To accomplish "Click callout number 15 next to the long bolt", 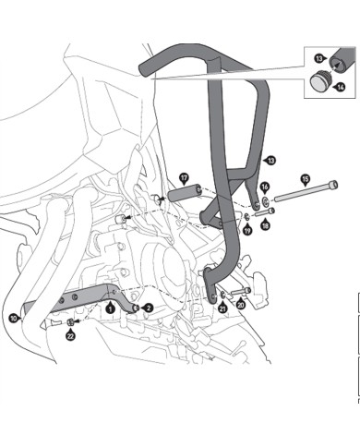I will click(306, 179).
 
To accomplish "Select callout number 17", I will click(184, 177).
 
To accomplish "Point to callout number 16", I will click(264, 187).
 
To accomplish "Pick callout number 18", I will click(266, 225).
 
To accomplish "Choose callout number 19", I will click(246, 229).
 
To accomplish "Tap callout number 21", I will click(222, 308).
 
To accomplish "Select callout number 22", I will click(70, 336).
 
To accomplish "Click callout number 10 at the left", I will click(13, 317).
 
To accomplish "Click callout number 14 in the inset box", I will click(341, 87).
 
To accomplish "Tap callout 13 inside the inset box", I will click(319, 58).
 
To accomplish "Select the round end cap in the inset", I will click(320, 83).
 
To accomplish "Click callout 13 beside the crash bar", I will click(270, 161).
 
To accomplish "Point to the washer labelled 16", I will click(264, 200).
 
